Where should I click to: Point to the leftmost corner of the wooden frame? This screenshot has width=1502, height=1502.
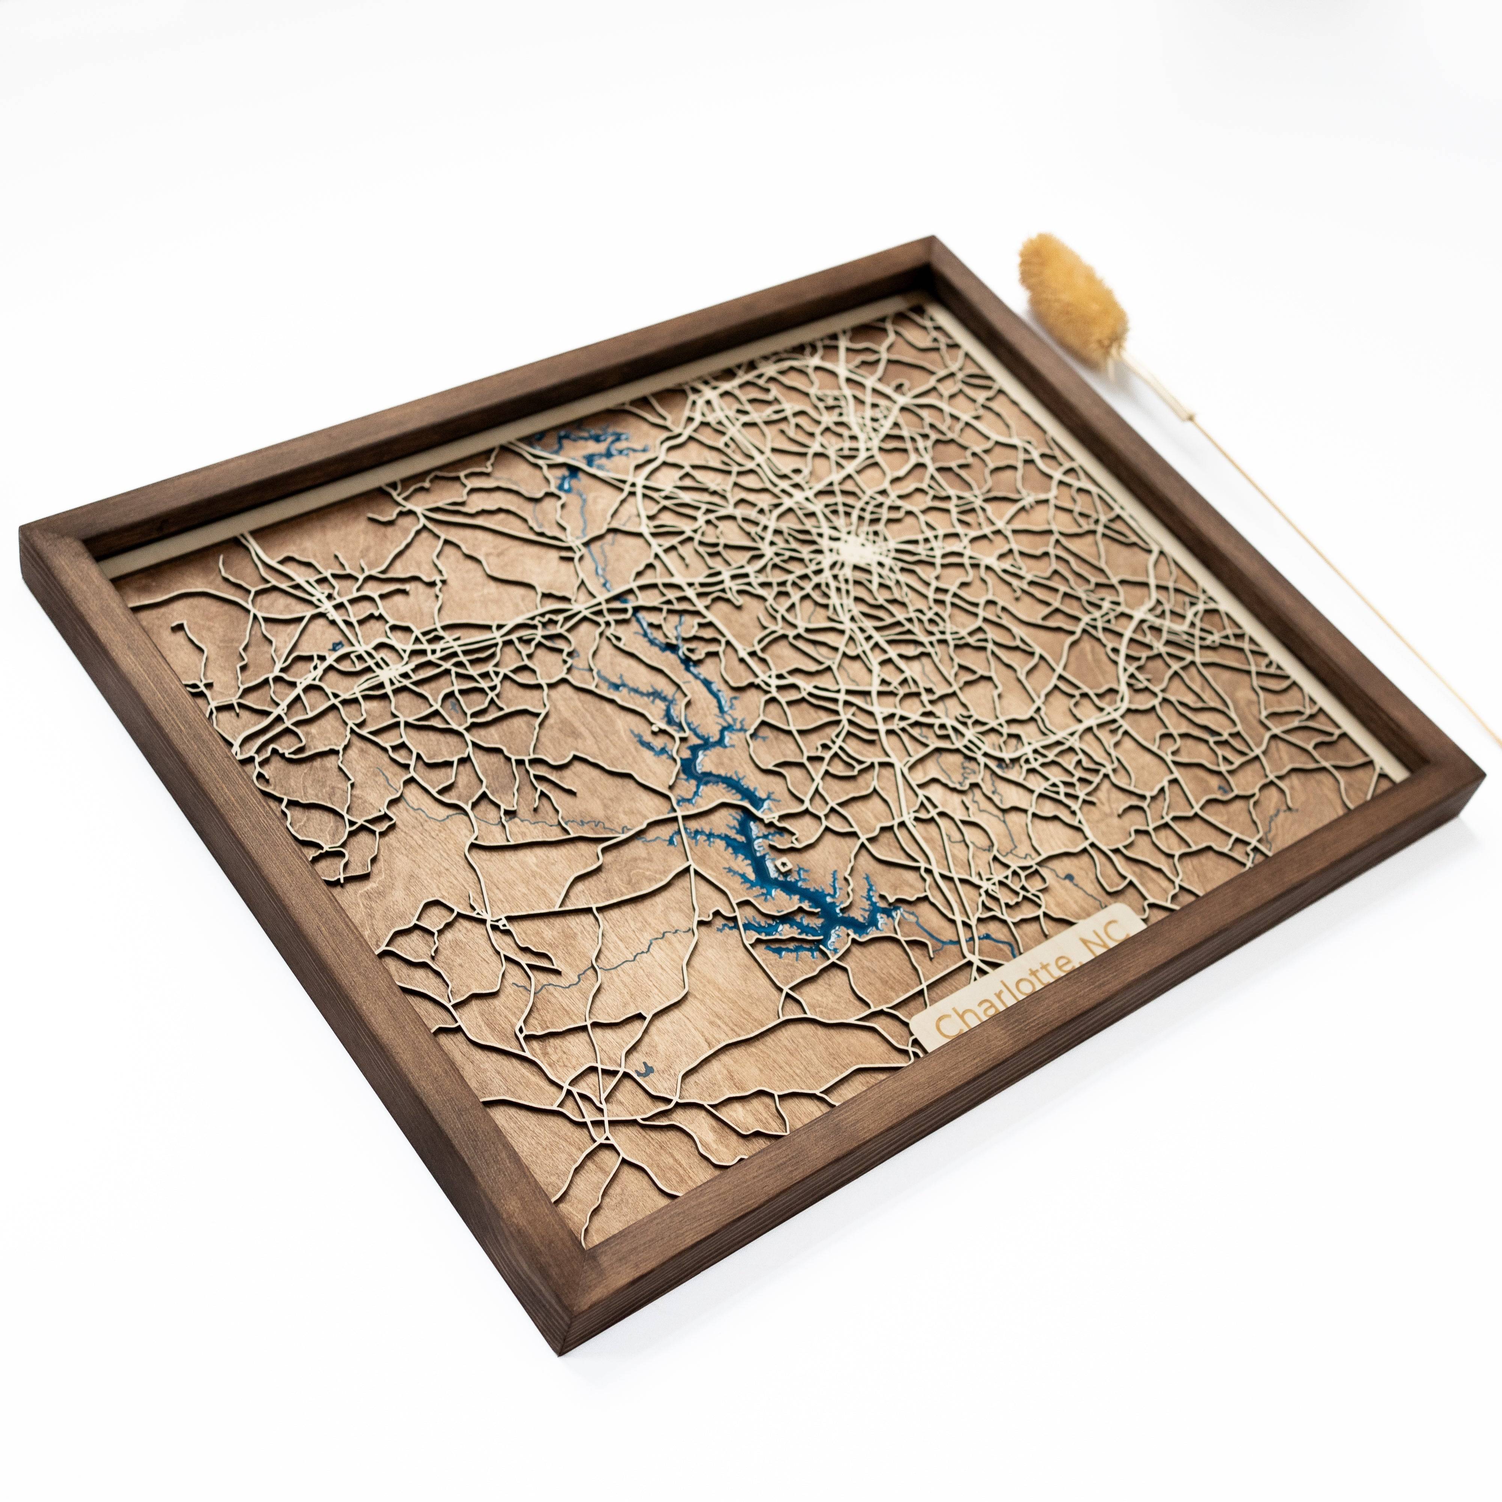coord(23,544)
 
